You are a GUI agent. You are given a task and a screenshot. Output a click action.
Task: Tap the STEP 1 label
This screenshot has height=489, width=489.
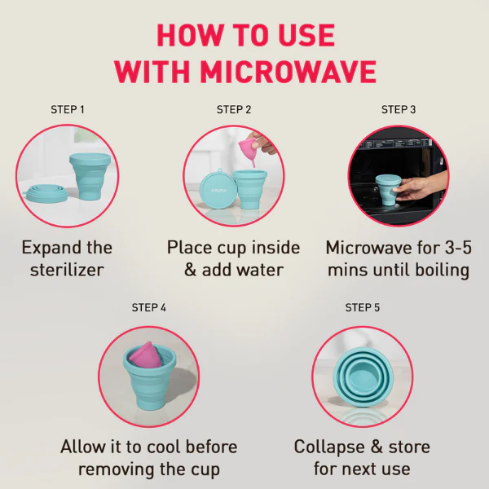pos(68,109)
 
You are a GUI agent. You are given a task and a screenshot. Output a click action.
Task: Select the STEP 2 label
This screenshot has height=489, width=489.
pos(234,109)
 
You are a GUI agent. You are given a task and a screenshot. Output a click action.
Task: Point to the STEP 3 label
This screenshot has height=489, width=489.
pos(399,109)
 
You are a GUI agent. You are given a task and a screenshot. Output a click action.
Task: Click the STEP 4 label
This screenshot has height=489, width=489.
pos(149,307)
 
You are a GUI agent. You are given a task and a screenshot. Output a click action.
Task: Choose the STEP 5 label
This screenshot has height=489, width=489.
pos(363,307)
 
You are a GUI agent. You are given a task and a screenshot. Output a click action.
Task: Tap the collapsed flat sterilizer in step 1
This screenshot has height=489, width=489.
pos(46,193)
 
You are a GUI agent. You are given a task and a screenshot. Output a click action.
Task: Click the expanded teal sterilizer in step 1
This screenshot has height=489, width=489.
pos(90,175)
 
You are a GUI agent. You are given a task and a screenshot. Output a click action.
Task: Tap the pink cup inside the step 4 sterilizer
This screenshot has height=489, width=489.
pos(146,355)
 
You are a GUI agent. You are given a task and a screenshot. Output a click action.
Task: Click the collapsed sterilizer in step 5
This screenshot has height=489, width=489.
pos(363,378)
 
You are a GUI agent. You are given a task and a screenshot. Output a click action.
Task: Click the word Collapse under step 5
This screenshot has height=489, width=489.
pos(329,447)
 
